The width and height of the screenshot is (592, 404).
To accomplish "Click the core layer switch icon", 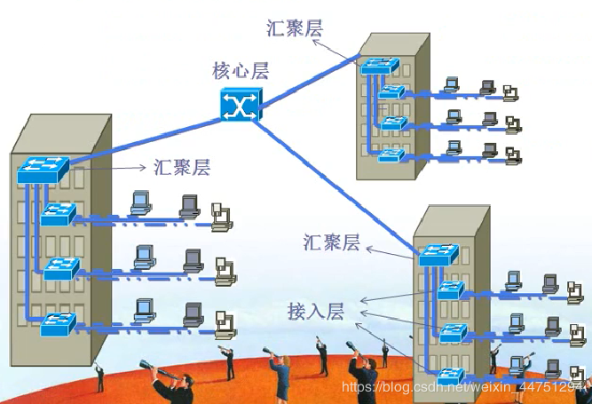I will pos(239,104).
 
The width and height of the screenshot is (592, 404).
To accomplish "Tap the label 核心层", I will pos(240,70).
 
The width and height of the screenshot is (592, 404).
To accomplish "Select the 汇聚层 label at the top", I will pos(295,28).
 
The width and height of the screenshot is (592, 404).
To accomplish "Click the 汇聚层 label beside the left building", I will pos(181,167).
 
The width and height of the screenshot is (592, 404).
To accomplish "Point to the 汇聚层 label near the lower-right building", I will pos(331,242).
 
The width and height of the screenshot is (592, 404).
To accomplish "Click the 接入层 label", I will pos(314,311).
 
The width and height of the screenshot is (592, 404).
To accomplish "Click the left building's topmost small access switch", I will pos(58,214).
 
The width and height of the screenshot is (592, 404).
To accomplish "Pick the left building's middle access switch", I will pos(60,268).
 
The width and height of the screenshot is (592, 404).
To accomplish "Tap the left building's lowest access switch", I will pos(59,323).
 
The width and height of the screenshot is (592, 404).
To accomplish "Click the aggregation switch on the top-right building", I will pos(380,66).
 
